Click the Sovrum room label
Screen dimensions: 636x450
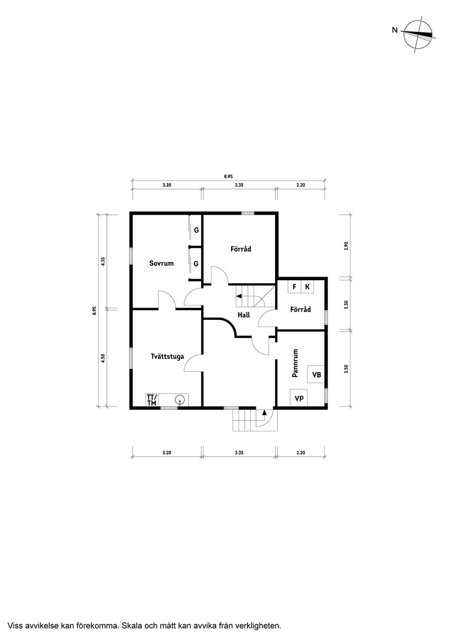click(x=161, y=263)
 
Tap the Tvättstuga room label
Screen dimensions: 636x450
click(x=167, y=356)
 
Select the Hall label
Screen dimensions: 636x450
click(x=243, y=315)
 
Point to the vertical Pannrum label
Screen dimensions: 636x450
click(x=295, y=363)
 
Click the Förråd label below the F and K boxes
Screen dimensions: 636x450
click(x=300, y=310)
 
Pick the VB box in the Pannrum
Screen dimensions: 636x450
click(x=316, y=375)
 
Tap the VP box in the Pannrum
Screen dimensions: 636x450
click(x=299, y=399)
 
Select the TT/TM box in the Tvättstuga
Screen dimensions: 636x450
click(x=152, y=400)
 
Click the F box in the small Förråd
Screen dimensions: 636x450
click(x=294, y=287)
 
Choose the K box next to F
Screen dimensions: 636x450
click(x=307, y=287)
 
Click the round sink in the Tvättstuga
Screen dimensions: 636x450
click(x=180, y=400)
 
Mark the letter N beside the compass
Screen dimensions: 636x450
click(x=395, y=30)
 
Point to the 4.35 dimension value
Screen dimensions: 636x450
click(x=103, y=261)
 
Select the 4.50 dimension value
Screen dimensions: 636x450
click(x=103, y=358)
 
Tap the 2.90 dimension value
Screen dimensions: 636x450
click(x=346, y=245)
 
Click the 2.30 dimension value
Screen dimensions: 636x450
click(x=346, y=304)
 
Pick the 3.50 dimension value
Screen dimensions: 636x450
click(x=346, y=368)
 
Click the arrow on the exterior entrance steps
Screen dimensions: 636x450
click(x=264, y=413)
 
